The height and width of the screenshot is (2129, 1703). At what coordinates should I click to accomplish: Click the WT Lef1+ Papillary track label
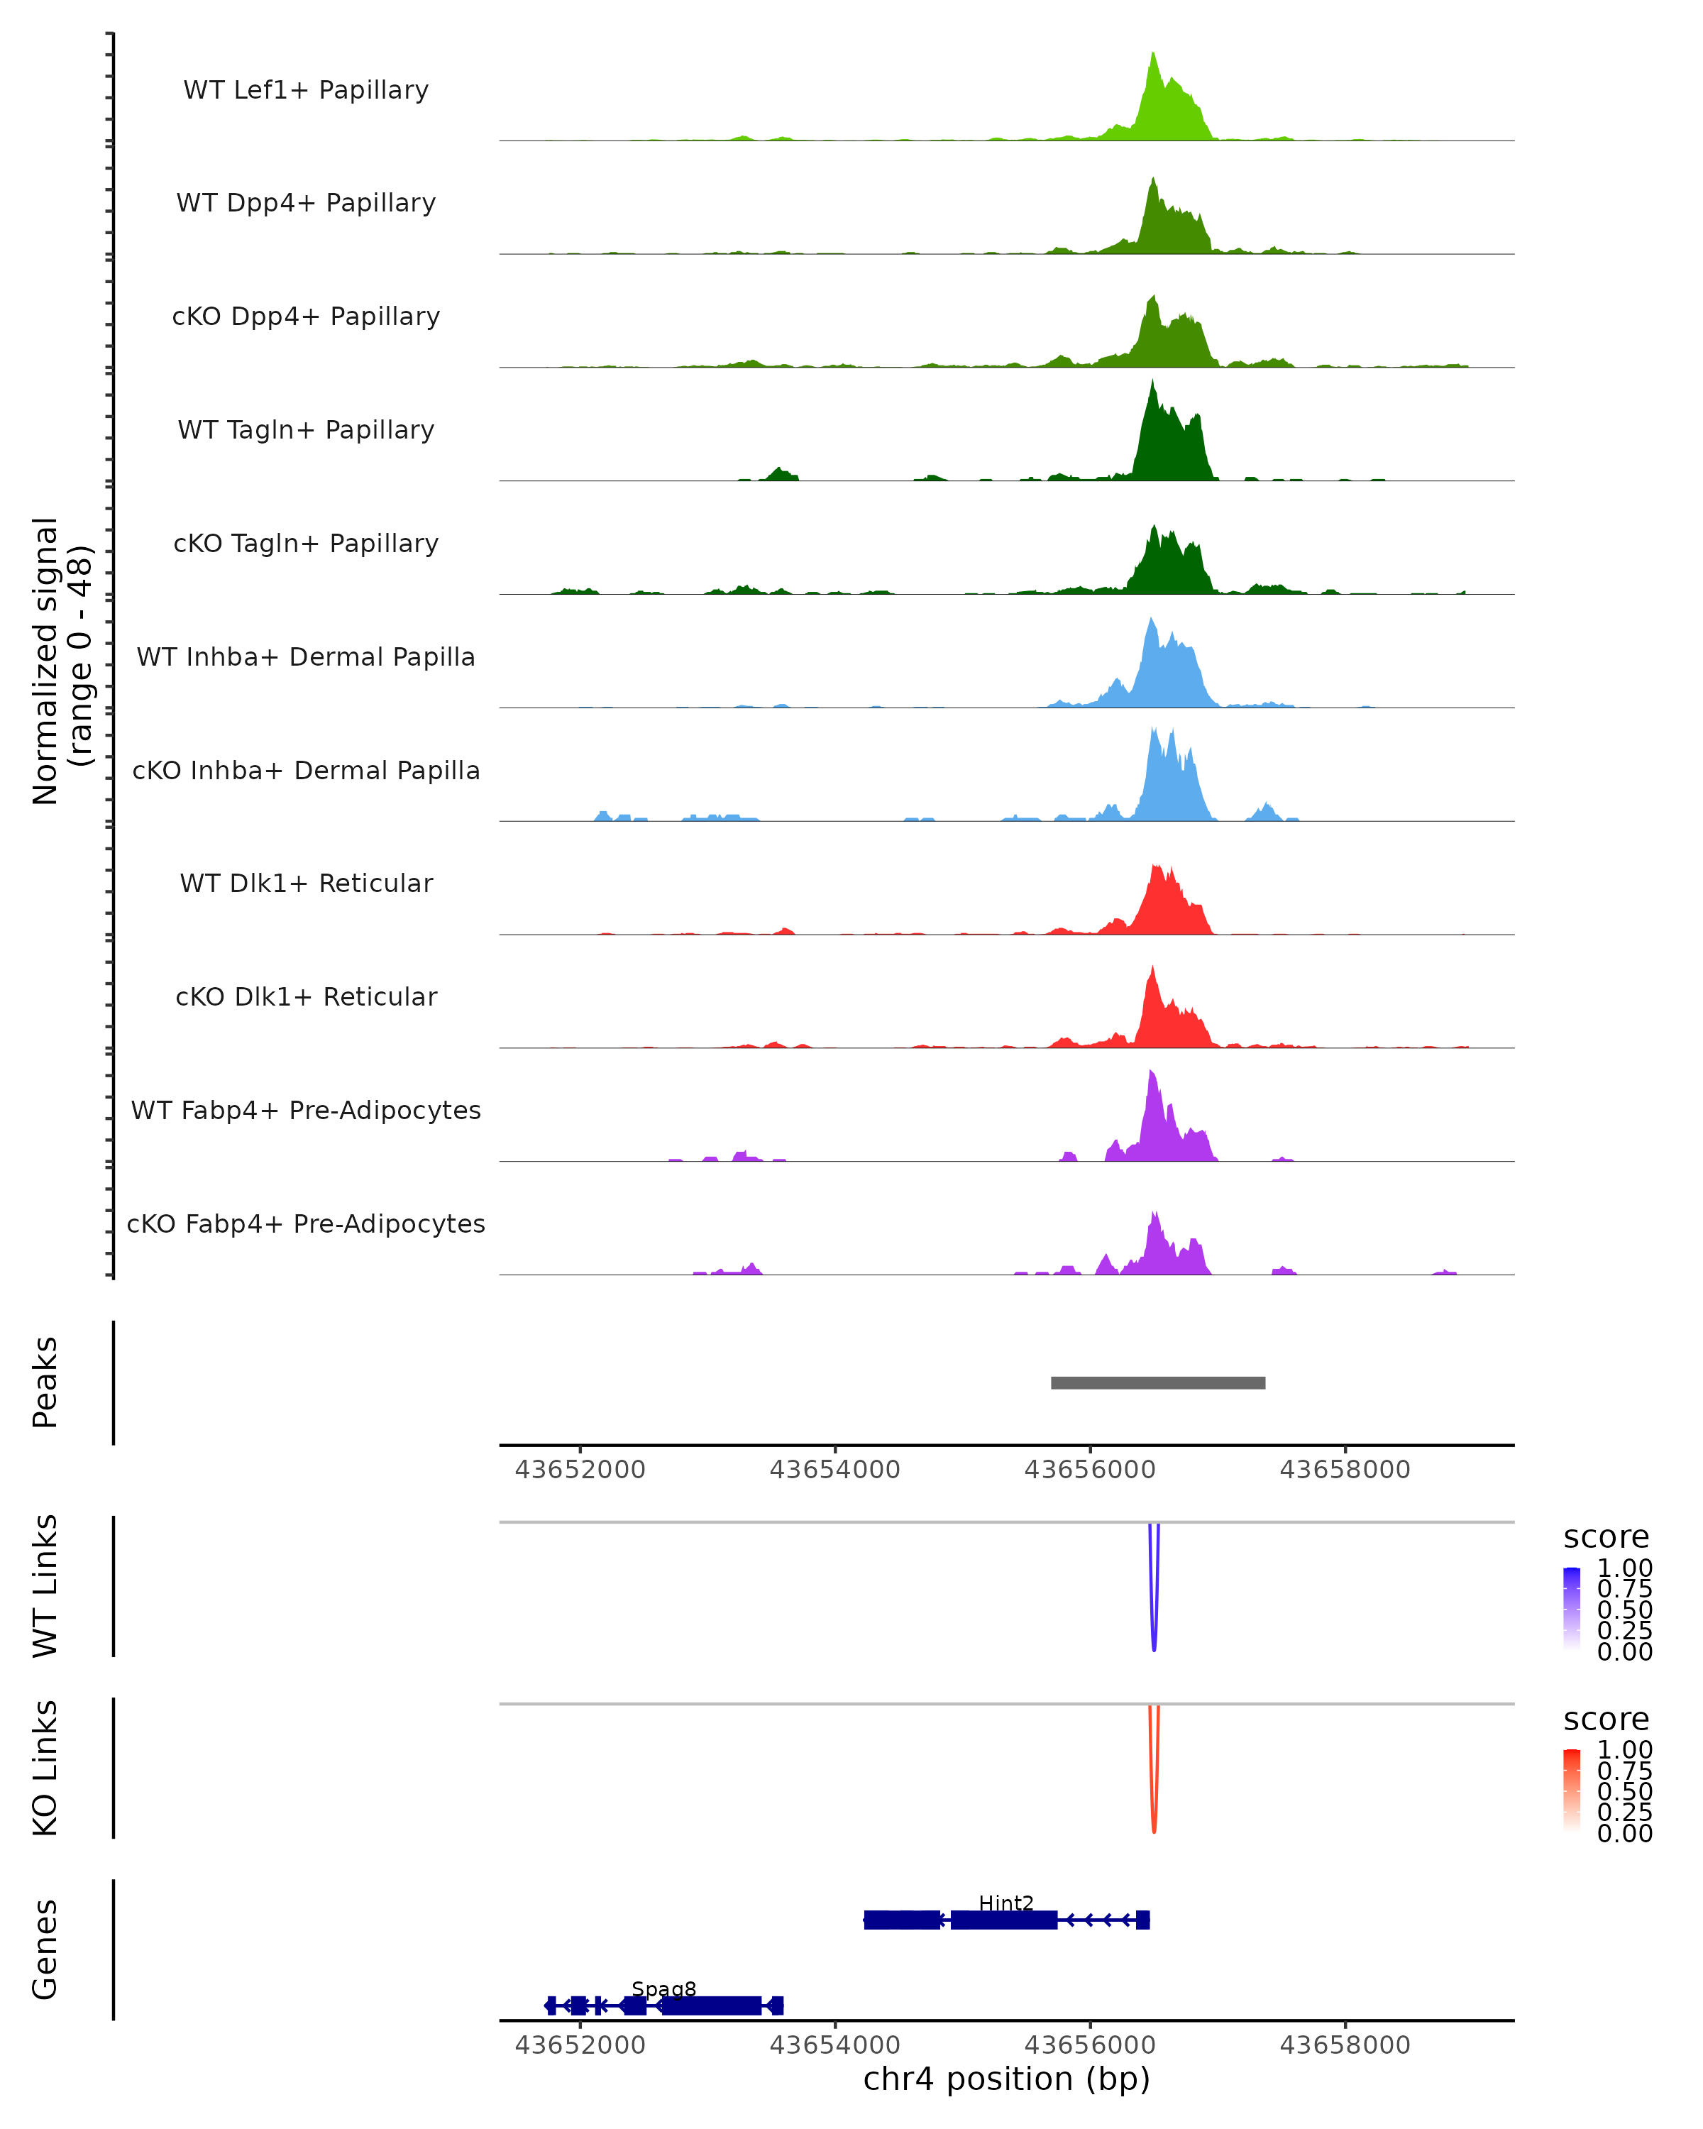click(306, 90)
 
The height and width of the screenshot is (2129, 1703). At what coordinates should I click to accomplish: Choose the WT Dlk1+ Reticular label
click(306, 883)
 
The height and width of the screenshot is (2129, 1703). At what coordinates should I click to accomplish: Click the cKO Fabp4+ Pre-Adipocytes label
click(306, 1223)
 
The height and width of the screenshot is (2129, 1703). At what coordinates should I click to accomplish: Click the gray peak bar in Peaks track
click(1157, 1382)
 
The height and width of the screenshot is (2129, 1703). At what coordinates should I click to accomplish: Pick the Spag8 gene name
click(663, 1988)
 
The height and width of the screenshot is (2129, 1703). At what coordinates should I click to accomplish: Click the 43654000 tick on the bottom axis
click(834, 2044)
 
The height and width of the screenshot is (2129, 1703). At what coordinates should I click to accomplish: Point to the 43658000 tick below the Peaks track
click(1345, 1470)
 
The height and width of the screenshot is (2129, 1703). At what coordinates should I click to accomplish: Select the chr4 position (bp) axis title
click(1006, 2079)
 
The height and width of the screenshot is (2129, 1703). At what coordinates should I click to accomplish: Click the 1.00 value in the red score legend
click(1624, 1750)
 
